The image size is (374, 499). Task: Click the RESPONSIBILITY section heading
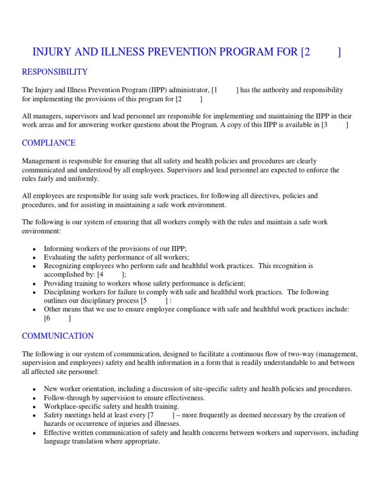55,72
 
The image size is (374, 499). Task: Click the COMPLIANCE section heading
49,143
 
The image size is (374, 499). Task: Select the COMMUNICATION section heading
58,336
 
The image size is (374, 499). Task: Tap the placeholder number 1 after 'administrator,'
216,90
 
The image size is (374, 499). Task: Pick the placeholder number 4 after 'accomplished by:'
102,275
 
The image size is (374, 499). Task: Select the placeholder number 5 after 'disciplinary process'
145,301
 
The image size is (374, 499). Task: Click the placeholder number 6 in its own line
48,319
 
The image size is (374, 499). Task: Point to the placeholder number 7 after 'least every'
152,415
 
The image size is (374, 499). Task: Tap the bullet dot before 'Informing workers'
34,249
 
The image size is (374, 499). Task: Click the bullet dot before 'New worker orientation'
34,389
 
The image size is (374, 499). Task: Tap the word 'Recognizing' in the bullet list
63,266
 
